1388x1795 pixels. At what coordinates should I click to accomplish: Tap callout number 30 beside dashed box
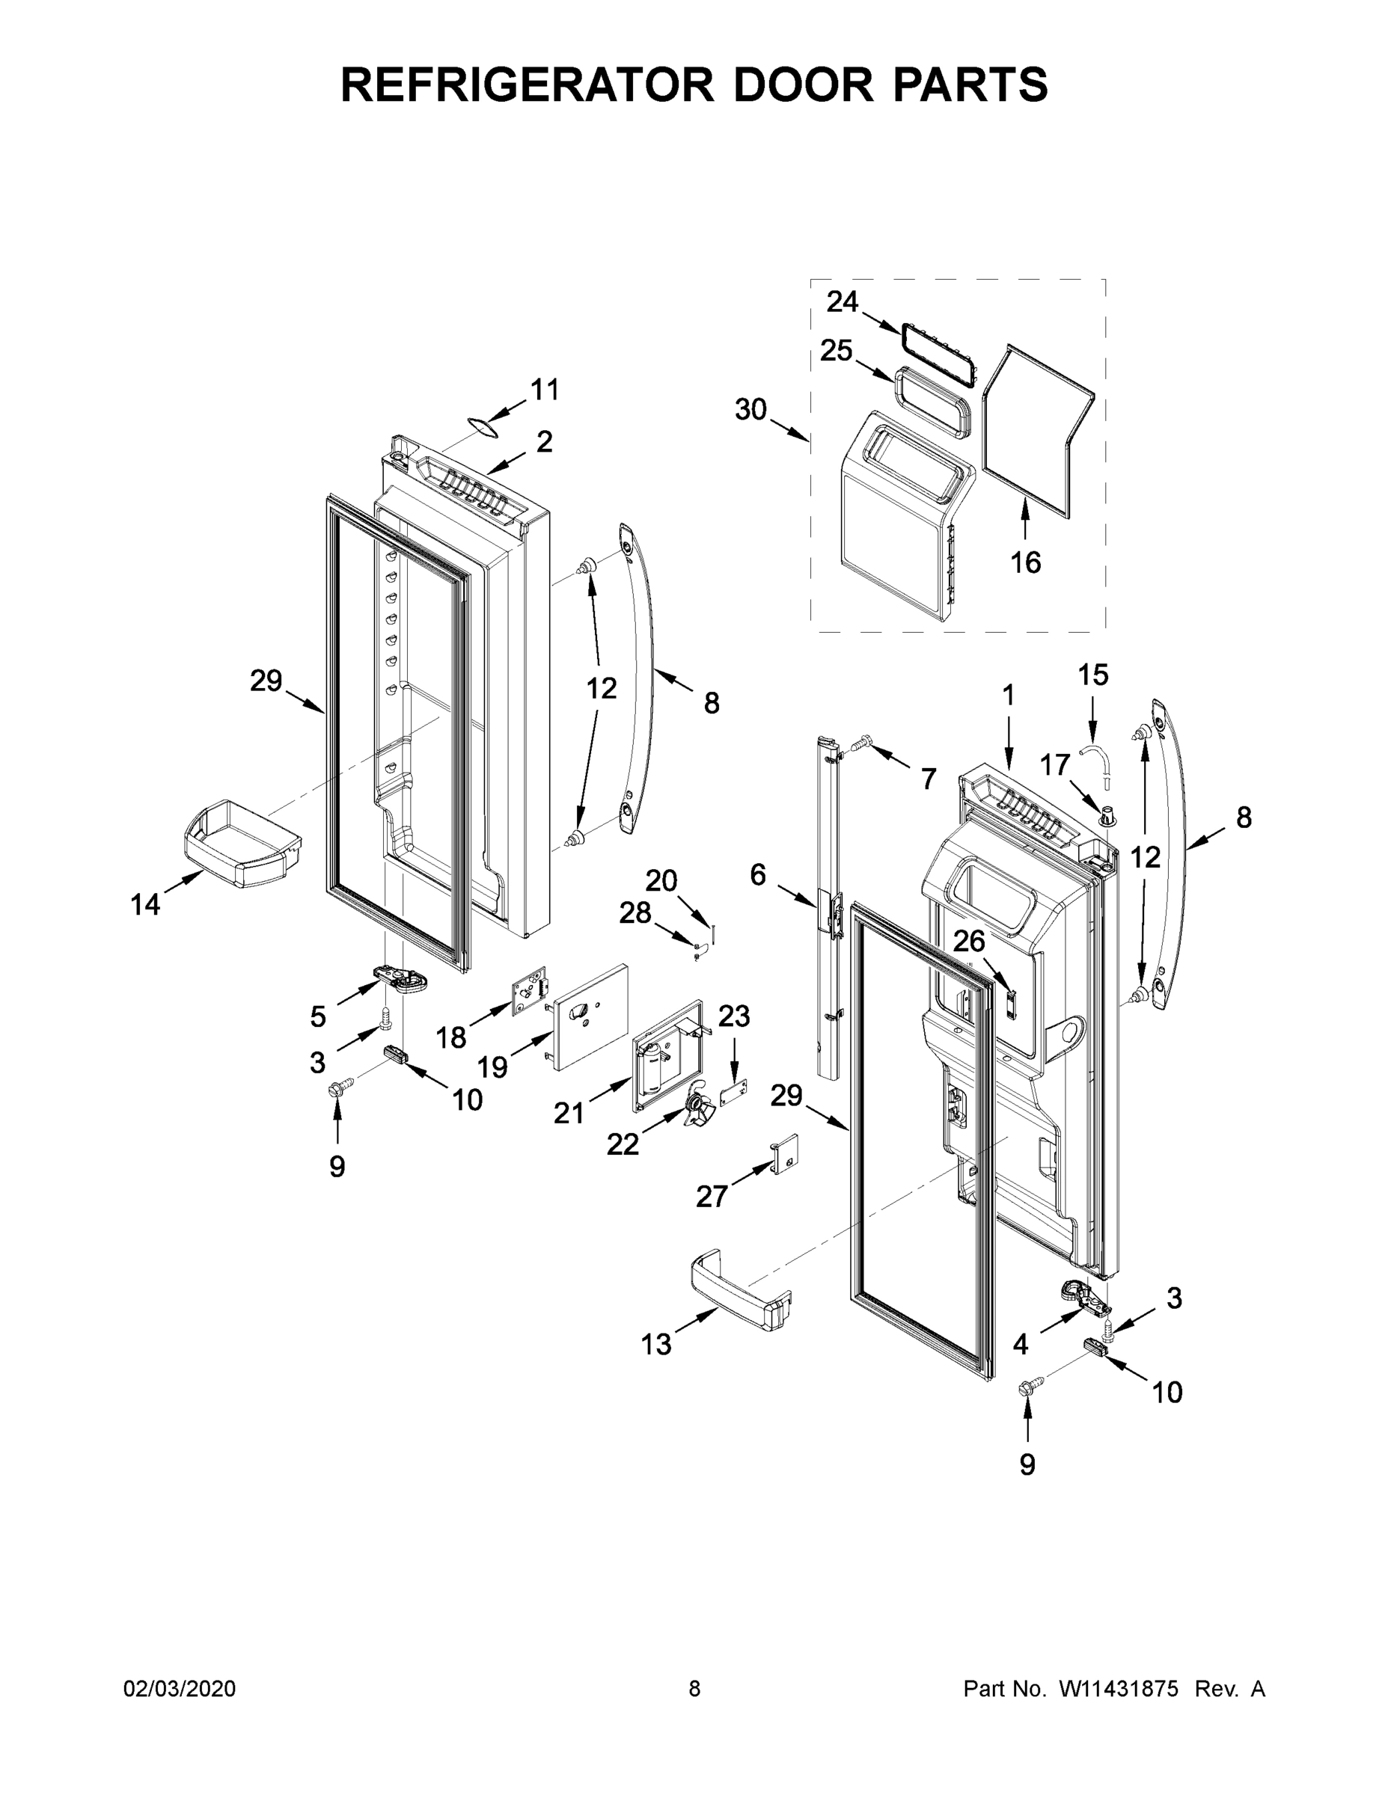[750, 408]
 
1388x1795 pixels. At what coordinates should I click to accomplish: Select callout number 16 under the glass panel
[1025, 562]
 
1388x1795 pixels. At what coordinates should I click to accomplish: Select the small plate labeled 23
[737, 1095]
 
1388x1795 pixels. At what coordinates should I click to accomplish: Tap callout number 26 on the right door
[969, 941]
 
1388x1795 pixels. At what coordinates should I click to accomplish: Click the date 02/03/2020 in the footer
[180, 1689]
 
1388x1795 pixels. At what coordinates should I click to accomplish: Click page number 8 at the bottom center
[694, 1689]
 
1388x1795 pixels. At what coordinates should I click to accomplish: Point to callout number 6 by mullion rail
[757, 875]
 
